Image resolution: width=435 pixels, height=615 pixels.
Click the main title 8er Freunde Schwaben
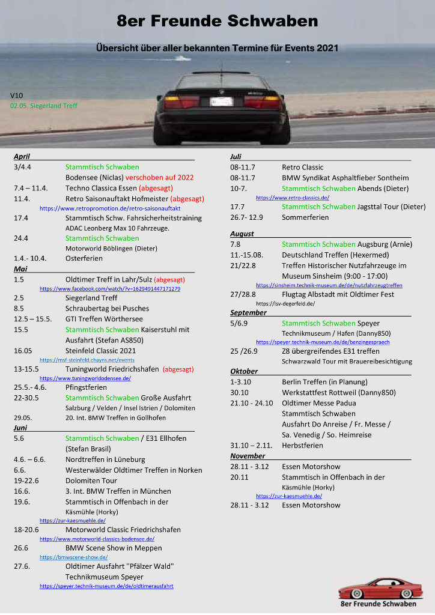[x=217, y=22]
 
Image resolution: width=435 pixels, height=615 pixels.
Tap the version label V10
[x=16, y=95]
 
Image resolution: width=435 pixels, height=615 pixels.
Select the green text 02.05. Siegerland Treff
[x=43, y=106]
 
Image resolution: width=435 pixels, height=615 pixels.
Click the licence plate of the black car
[x=221, y=101]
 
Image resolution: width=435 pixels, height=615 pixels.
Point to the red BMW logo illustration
[x=377, y=589]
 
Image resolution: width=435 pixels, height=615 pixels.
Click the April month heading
[x=22, y=157]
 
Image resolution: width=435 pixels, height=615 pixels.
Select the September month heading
[x=248, y=313]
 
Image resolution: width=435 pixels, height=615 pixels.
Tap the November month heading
[x=247, y=456]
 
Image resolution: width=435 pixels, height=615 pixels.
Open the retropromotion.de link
[x=110, y=208]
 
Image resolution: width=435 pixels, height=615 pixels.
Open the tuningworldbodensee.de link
[x=85, y=379]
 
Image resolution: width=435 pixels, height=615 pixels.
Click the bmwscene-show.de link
[x=73, y=557]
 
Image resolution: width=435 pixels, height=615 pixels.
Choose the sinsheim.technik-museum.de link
[x=329, y=285]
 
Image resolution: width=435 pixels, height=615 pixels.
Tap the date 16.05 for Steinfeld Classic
[x=24, y=351]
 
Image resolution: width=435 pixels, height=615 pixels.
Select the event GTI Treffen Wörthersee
[x=104, y=319]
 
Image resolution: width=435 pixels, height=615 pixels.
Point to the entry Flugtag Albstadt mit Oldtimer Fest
[x=338, y=294]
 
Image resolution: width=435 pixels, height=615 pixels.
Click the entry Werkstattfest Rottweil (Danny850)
[x=338, y=393]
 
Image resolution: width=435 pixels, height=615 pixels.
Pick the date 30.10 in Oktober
[x=239, y=393]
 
